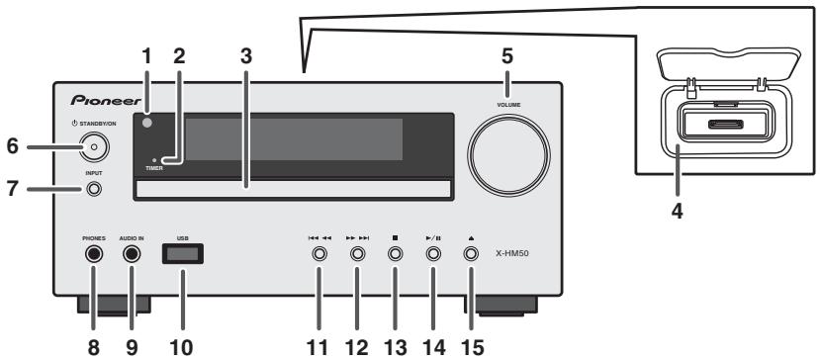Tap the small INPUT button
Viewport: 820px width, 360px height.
(x=93, y=189)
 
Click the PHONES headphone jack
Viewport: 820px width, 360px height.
(x=93, y=254)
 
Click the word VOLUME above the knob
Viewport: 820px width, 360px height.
(x=509, y=103)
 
